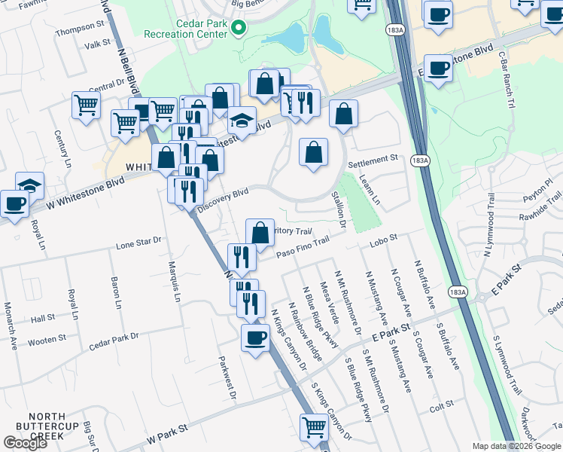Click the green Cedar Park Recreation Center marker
tap(239, 29)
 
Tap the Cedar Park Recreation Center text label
tap(190, 28)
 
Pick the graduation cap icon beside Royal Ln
tap(29, 185)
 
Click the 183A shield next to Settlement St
tap(420, 160)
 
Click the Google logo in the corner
tap(25, 442)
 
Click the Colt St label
tap(437, 408)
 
